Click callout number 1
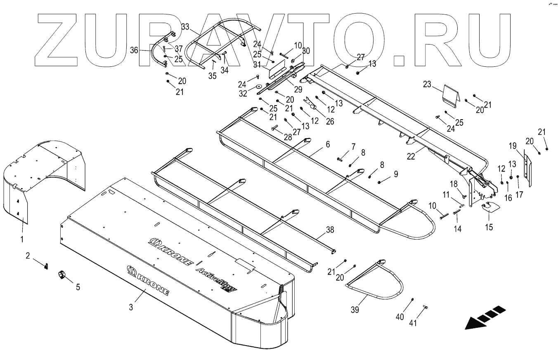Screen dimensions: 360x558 point(22,238)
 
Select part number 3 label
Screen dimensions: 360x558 point(131,307)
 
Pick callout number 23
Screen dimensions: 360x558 point(427,85)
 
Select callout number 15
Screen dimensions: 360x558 point(489,227)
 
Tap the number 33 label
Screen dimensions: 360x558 point(185,27)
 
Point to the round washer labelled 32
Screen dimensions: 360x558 point(258,87)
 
